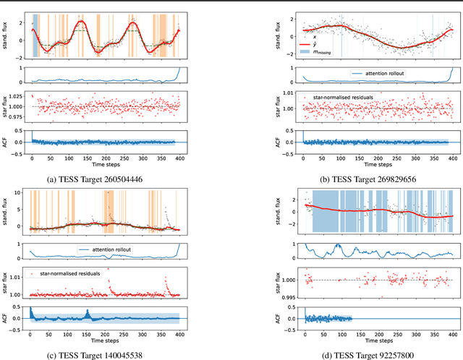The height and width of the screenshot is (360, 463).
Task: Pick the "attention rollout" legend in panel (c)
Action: (111, 250)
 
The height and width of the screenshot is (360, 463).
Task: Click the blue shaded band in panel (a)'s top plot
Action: (35, 35)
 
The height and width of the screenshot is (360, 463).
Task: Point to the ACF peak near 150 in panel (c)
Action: (87, 314)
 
